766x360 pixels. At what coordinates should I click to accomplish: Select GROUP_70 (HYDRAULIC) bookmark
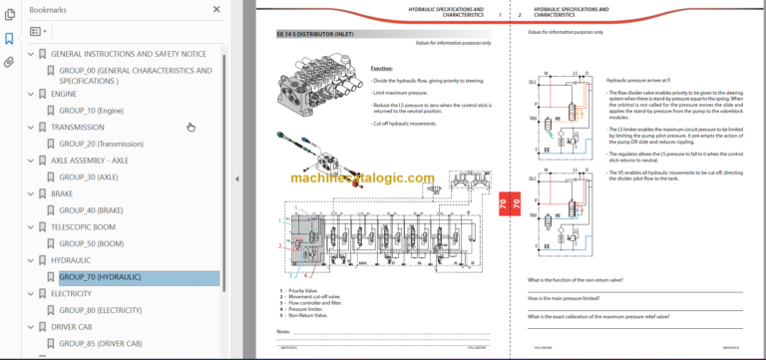point(100,277)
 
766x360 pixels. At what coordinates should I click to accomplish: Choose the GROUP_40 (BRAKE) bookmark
point(91,210)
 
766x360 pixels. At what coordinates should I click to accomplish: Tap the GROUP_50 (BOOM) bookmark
point(91,243)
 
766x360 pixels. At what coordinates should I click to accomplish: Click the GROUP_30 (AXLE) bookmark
point(89,178)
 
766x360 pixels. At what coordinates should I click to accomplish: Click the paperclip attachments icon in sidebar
point(9,62)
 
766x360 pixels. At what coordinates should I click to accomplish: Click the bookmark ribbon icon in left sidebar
point(9,39)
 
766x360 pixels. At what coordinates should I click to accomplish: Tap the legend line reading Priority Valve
point(303,290)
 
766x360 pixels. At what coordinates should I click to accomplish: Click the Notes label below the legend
point(283,330)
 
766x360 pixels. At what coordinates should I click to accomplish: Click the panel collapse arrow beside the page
point(237,180)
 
